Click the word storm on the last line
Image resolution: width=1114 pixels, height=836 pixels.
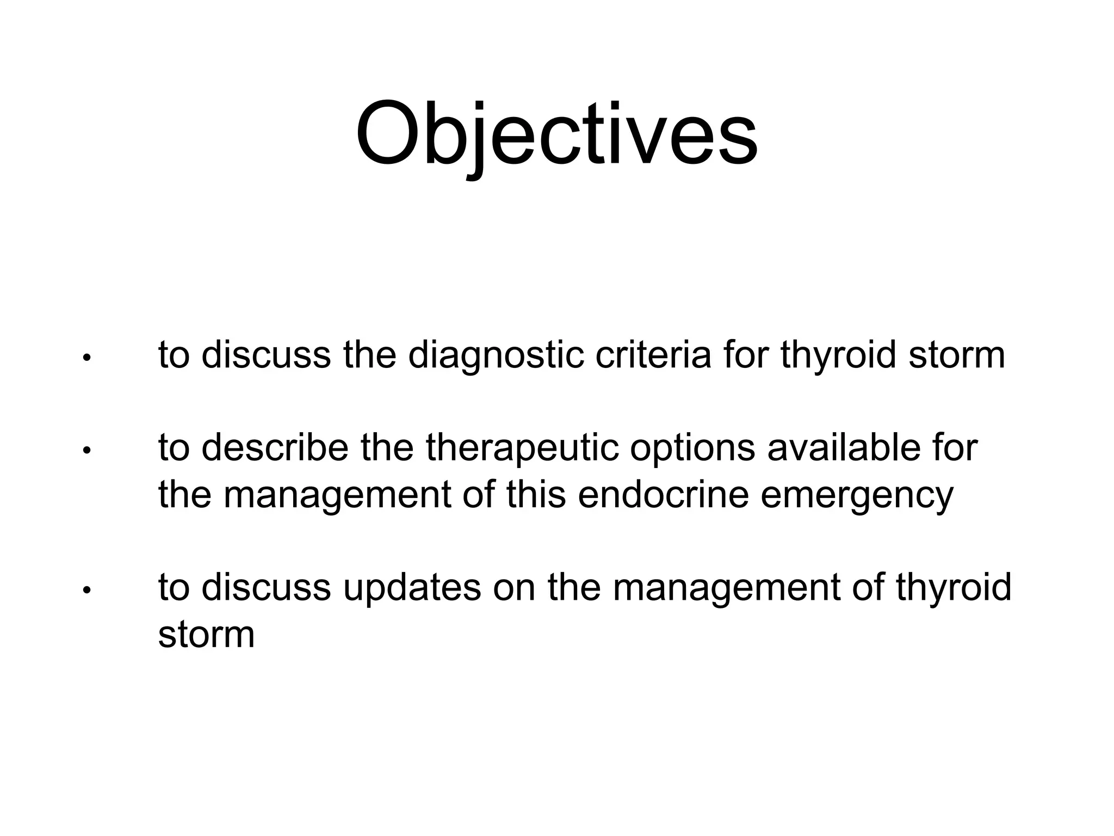pos(206,634)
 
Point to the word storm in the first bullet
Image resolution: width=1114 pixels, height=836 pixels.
pos(956,355)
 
